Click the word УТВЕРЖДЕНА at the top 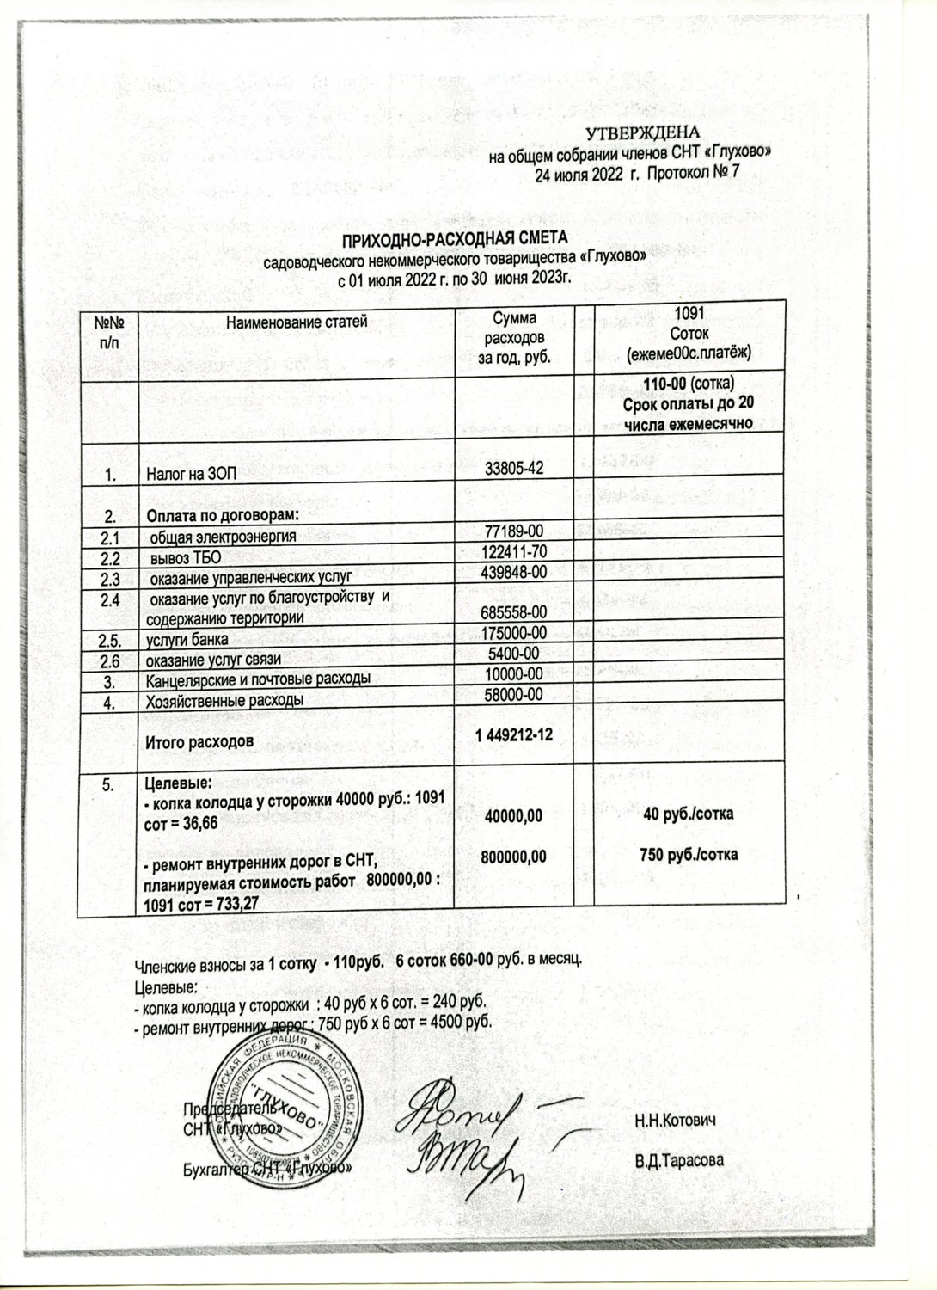(x=644, y=132)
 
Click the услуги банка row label (x=187, y=639)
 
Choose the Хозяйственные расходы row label (x=224, y=700)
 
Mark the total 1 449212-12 (x=514, y=735)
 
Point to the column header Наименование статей (x=297, y=322)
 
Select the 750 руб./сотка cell (x=689, y=854)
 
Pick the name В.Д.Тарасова (x=679, y=1160)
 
